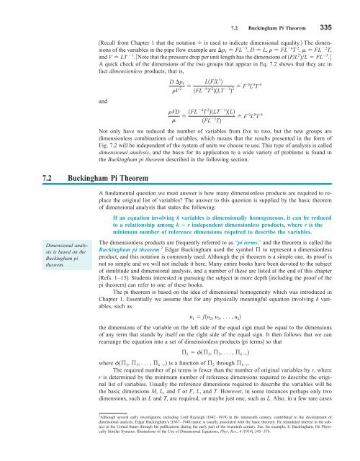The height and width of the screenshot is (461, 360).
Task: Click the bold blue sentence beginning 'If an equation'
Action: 217,204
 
